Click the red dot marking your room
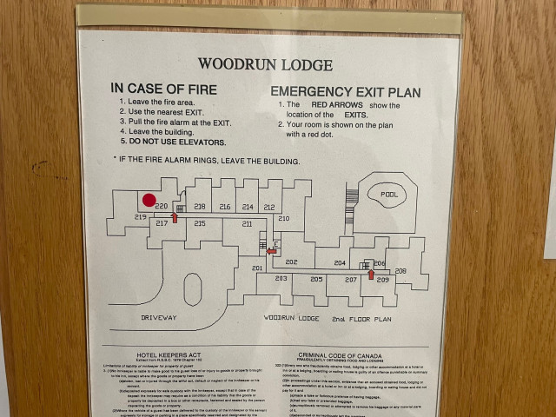click(x=149, y=200)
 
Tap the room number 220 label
click(x=161, y=206)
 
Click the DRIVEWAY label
click(x=159, y=318)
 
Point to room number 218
click(x=200, y=207)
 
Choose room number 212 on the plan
click(x=269, y=207)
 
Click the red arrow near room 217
click(x=175, y=217)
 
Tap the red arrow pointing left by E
click(x=271, y=251)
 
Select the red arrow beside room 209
click(x=371, y=275)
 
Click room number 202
click(x=291, y=262)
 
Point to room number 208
click(x=400, y=271)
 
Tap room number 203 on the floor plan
click(x=281, y=279)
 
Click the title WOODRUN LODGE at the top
click(x=265, y=64)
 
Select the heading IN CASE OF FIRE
click(x=163, y=89)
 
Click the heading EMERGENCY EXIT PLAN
click(x=346, y=91)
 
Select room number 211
click(x=248, y=224)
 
